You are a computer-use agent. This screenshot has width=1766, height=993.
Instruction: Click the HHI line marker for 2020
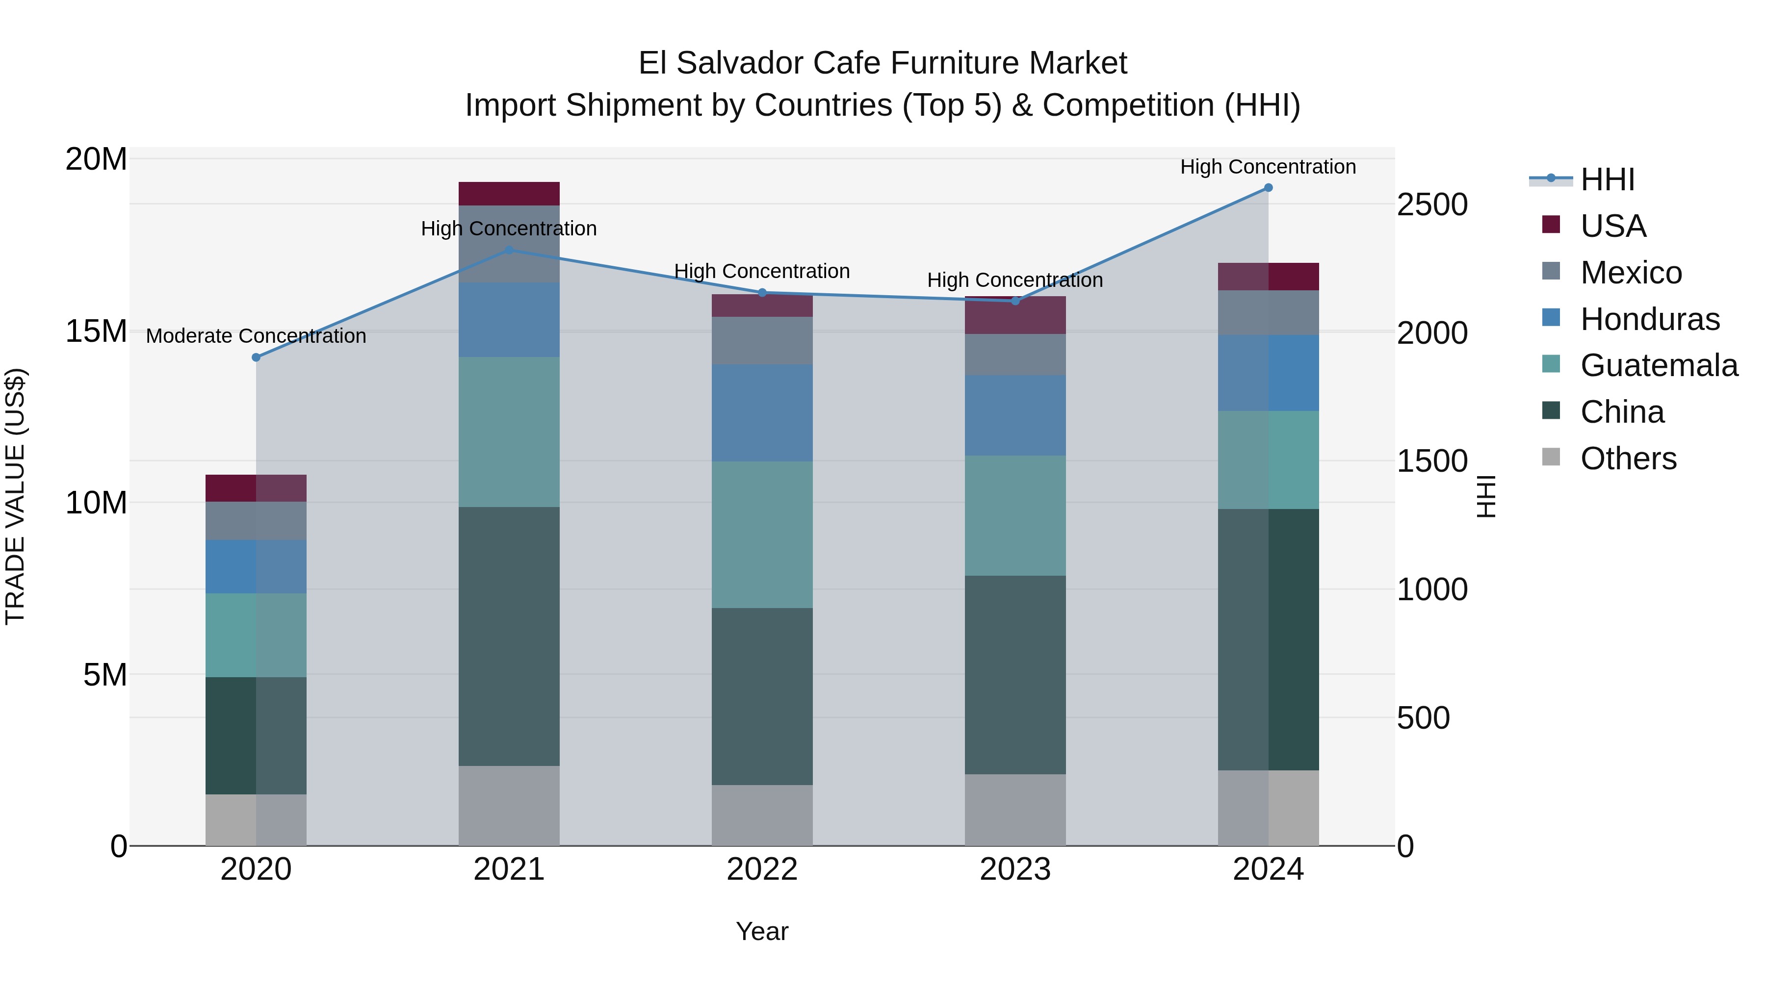[x=257, y=357]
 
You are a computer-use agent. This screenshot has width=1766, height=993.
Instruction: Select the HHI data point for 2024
[x=1268, y=188]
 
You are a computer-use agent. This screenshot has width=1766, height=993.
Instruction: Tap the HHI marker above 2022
[x=762, y=293]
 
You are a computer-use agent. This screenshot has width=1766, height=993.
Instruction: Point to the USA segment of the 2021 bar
[x=509, y=194]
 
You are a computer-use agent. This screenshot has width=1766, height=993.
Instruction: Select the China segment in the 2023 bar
[x=1015, y=675]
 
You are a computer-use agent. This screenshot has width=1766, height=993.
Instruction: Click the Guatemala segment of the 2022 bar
[x=762, y=535]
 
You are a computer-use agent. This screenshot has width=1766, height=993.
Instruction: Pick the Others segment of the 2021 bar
[x=509, y=805]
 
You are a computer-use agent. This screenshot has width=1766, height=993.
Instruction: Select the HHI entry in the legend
[x=1607, y=179]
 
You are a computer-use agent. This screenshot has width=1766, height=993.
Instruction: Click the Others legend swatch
[x=1551, y=457]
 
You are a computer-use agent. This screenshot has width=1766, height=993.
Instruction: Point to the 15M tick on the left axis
[x=96, y=331]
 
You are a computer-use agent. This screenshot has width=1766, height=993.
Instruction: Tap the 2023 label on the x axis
[x=1015, y=869]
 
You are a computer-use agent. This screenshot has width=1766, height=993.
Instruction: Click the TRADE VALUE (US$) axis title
[x=15, y=496]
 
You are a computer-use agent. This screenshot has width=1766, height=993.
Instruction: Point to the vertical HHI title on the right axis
[x=1485, y=496]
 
